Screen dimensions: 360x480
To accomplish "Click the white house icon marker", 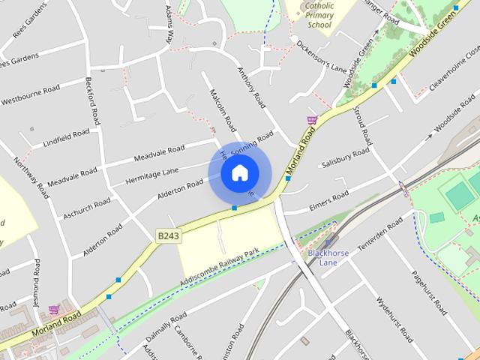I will (238, 173).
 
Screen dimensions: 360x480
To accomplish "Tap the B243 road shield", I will (168, 235).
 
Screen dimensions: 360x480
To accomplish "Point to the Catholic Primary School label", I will (319, 15).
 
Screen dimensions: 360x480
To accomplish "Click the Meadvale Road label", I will (159, 153).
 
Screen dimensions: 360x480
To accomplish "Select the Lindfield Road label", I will (66, 137).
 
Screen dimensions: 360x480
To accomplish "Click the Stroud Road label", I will (364, 127).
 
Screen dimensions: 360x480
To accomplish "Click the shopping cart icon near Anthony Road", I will (312, 119).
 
